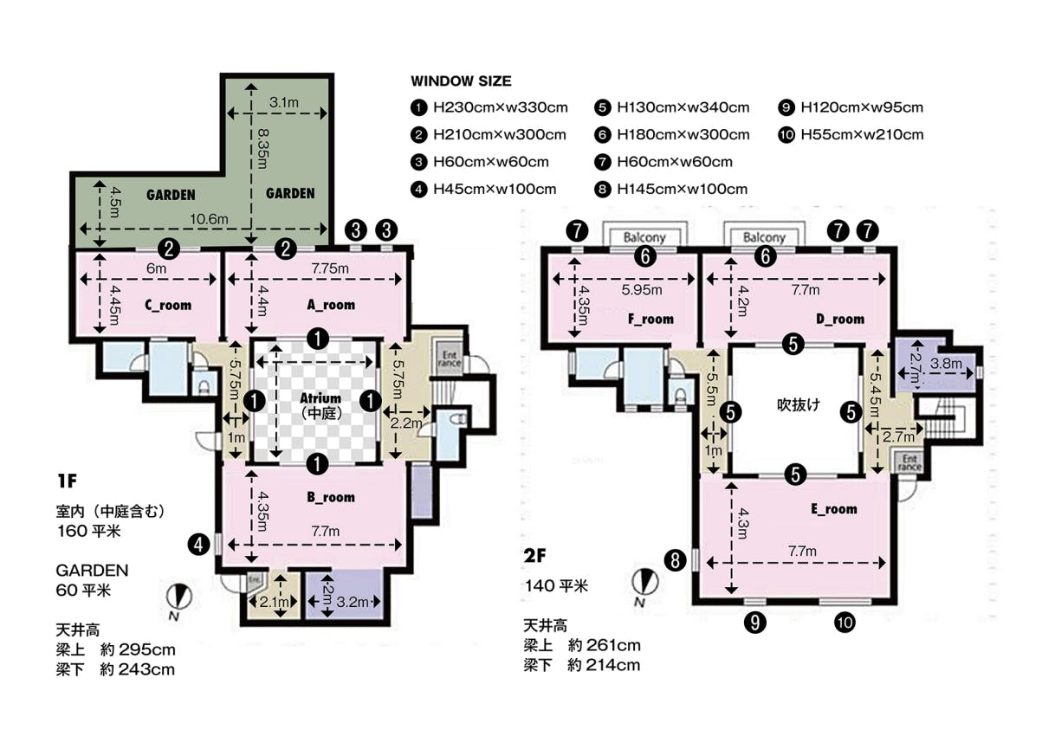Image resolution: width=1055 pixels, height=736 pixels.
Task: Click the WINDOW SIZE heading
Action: [x=461, y=81]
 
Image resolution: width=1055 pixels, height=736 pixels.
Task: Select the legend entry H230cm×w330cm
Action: [x=500, y=108]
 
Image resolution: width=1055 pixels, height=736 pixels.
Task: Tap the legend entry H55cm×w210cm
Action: [x=862, y=135]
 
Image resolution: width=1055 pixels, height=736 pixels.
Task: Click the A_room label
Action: [x=331, y=305]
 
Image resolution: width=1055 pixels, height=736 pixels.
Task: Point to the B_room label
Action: [x=331, y=497]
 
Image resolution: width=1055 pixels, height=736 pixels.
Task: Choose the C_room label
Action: [x=168, y=306]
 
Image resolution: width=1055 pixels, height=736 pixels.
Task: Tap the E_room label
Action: [x=834, y=509]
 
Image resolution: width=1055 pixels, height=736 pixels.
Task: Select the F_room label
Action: [x=650, y=320]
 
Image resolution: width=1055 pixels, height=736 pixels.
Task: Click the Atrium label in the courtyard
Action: [x=320, y=398]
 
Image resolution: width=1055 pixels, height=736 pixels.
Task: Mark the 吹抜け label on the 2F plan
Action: [x=799, y=405]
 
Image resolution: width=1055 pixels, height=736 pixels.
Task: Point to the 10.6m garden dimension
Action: [x=209, y=219]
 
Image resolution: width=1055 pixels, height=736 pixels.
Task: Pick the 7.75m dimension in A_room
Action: [x=330, y=268]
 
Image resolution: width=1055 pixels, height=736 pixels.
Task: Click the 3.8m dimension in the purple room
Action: [x=946, y=364]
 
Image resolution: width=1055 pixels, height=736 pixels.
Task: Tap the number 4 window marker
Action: [x=198, y=546]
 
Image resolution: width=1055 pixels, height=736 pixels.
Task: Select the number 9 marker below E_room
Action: [x=755, y=623]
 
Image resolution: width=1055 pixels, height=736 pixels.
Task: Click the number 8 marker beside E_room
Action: [x=676, y=561]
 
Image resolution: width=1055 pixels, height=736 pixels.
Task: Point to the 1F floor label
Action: [x=68, y=481]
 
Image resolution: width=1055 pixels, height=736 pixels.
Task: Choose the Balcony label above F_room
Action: [x=644, y=237]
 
